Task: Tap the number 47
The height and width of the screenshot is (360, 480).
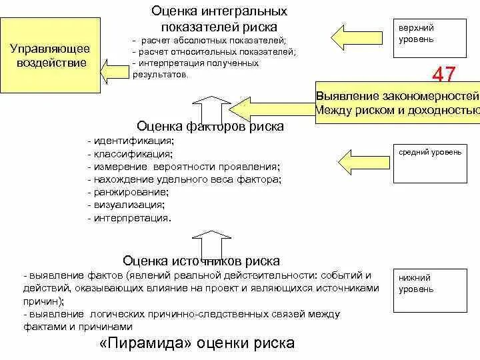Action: coord(444,74)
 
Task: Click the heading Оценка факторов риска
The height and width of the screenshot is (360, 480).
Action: coord(210,126)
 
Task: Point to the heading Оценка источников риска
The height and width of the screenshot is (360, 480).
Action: coord(201,261)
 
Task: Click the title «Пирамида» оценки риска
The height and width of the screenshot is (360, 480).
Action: coord(197,343)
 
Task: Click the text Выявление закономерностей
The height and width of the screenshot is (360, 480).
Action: coord(397,96)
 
